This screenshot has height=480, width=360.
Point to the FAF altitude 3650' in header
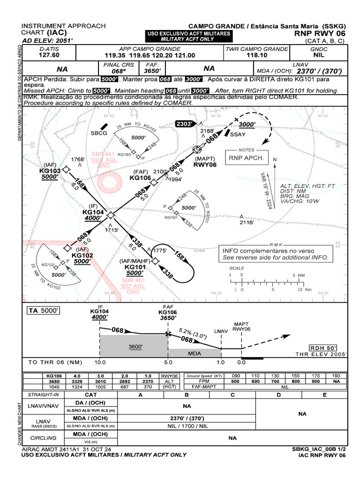[152, 71]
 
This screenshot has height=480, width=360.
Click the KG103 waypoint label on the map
[50, 171]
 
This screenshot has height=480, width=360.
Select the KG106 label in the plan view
[140, 178]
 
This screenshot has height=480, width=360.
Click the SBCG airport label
[99, 133]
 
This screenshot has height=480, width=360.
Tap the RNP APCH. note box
[246, 158]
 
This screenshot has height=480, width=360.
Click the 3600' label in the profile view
[136, 347]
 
